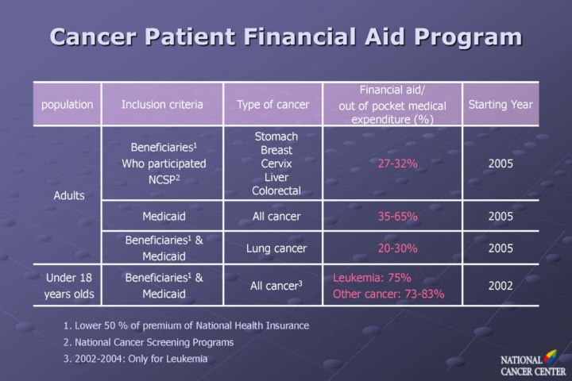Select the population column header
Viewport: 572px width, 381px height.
[x=68, y=104]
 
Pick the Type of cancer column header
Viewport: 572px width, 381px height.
[x=273, y=104]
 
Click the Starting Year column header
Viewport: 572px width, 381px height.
[x=500, y=104]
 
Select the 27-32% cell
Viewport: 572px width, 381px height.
[x=398, y=164]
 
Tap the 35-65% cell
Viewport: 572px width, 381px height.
[x=398, y=215]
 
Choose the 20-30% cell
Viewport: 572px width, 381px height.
[x=398, y=248]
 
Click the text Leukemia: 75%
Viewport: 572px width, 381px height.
[x=372, y=279]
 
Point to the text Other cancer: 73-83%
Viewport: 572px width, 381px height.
[x=388, y=294]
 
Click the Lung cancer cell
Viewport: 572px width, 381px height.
[x=273, y=248]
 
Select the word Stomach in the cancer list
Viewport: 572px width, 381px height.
[x=276, y=137]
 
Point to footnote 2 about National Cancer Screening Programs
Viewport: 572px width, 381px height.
[x=148, y=342]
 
